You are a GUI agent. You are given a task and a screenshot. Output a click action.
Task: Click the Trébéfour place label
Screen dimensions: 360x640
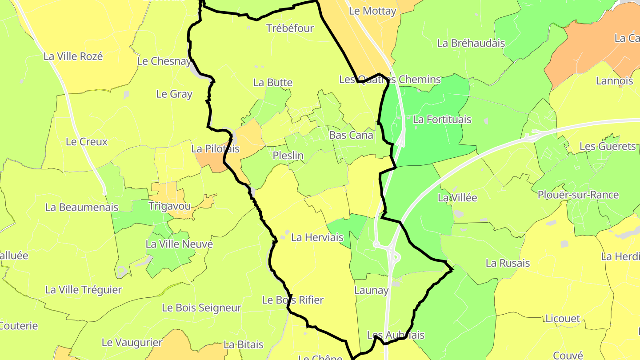(x=290, y=28)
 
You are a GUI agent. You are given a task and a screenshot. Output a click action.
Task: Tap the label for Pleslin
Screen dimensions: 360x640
(x=288, y=156)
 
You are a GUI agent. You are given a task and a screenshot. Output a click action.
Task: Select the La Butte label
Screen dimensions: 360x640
(x=273, y=83)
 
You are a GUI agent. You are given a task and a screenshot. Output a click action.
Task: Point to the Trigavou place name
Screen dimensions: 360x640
(x=169, y=206)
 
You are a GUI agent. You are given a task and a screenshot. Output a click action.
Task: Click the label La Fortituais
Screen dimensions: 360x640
(x=442, y=120)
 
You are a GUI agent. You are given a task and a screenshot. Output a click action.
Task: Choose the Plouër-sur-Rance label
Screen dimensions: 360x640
(x=578, y=195)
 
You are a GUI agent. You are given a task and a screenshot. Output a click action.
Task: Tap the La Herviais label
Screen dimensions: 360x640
(x=317, y=237)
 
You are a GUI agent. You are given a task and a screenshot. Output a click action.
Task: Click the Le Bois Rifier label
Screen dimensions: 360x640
(x=292, y=300)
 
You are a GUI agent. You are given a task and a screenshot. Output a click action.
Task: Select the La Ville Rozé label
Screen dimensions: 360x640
(x=73, y=56)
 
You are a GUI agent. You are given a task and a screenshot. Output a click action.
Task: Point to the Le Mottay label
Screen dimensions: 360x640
(x=372, y=11)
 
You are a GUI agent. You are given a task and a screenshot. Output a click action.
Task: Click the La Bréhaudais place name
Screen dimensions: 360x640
(x=471, y=43)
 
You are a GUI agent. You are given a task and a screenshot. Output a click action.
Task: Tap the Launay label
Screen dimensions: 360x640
(x=372, y=291)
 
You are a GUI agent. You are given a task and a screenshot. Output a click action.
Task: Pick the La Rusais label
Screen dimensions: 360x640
(x=508, y=263)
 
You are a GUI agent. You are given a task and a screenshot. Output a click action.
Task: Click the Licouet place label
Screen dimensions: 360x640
(x=563, y=319)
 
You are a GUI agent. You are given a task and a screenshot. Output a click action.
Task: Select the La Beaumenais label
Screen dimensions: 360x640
(x=82, y=207)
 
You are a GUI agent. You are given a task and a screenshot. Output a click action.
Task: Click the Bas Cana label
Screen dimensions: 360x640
(x=351, y=135)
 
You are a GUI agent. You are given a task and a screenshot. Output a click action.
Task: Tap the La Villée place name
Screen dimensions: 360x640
(x=457, y=198)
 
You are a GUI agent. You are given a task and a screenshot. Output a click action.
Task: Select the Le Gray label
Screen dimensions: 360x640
(x=174, y=94)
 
